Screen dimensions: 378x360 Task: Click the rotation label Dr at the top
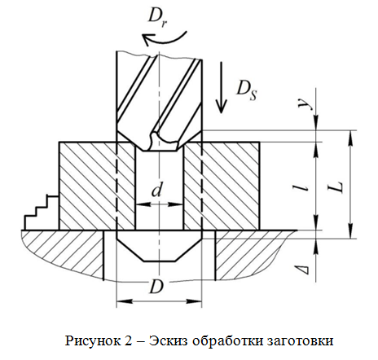pos(157,18)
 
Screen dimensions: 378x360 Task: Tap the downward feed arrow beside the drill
pos(222,87)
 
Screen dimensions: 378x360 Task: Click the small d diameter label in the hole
pos(156,190)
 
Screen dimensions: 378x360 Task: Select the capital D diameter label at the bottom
pos(156,287)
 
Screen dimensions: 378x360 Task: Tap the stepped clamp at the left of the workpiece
pos(42,213)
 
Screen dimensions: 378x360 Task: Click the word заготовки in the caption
pos(300,340)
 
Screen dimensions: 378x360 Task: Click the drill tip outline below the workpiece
pos(159,246)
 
